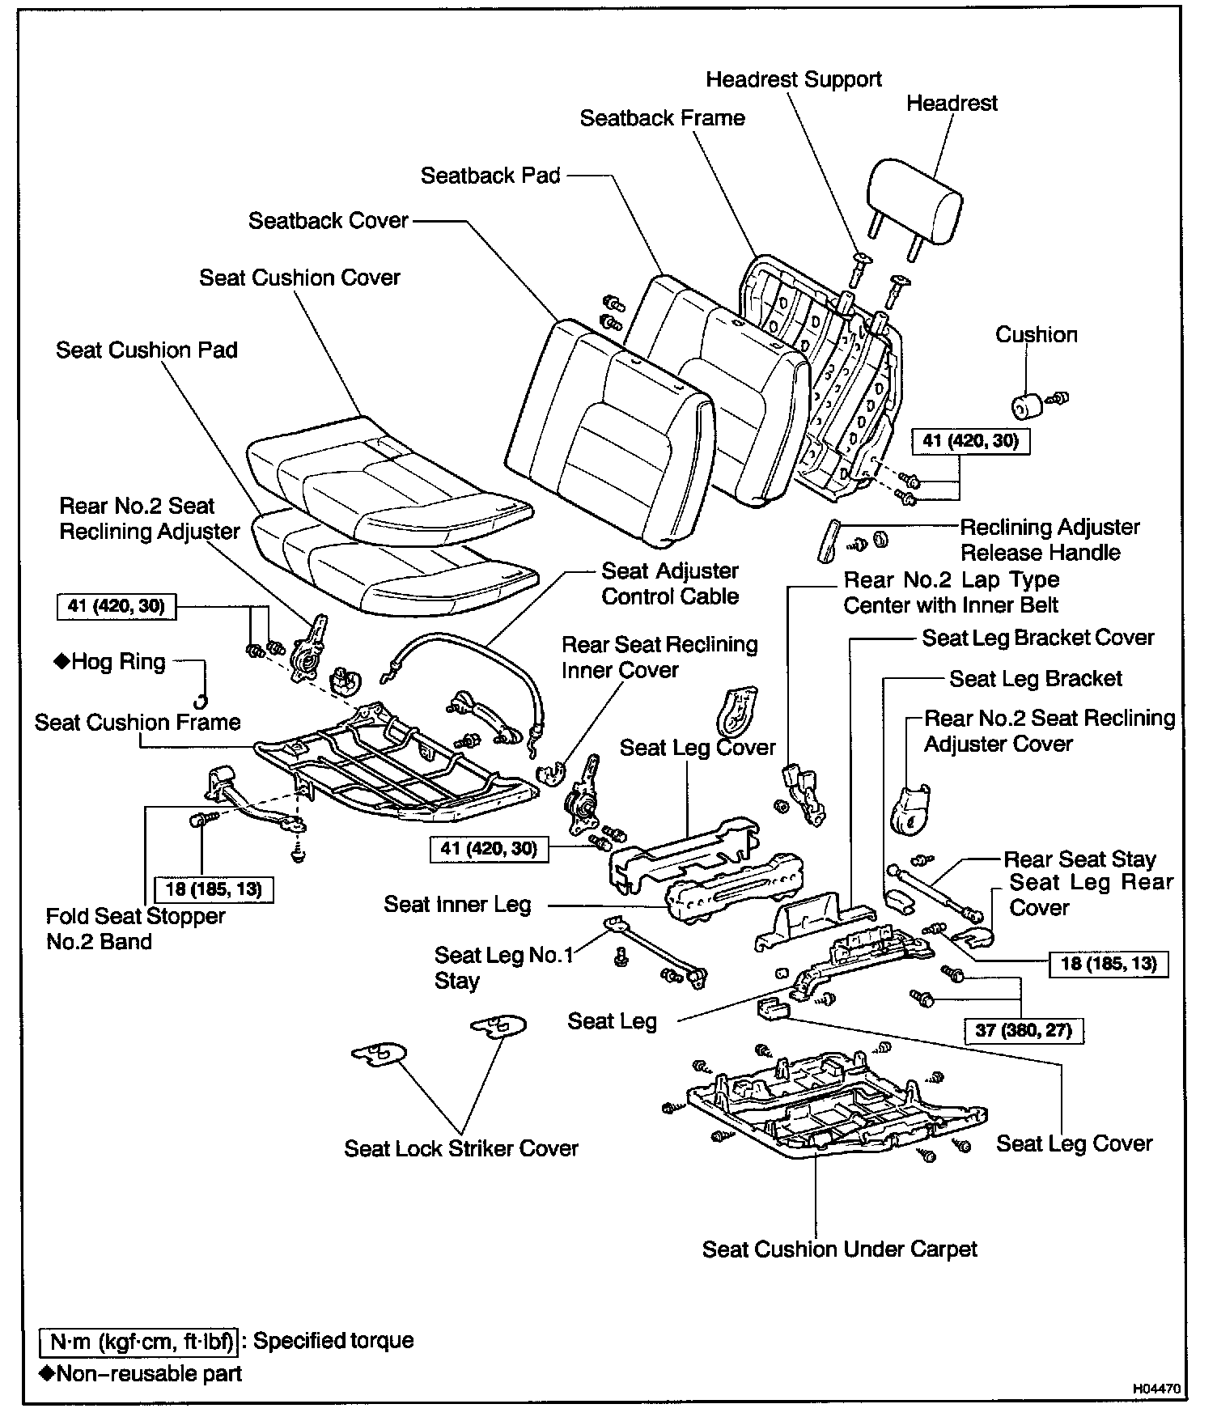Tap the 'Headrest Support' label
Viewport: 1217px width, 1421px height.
[793, 79]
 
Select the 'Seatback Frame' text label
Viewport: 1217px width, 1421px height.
[662, 118]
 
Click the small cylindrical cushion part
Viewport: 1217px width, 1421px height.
[1026, 405]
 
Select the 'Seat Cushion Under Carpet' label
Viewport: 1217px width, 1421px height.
[839, 1249]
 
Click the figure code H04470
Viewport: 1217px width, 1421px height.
[1156, 1388]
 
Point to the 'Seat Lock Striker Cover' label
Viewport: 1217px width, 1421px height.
[461, 1148]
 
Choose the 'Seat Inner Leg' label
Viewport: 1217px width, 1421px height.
[457, 904]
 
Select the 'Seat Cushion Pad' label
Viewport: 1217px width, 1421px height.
[146, 350]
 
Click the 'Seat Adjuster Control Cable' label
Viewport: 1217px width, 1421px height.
[670, 583]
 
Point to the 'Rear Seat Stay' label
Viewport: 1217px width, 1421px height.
[1079, 859]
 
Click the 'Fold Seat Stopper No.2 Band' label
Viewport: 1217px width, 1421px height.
[135, 928]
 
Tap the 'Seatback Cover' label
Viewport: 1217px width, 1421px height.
[329, 221]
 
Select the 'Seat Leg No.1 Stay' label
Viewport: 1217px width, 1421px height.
[503, 968]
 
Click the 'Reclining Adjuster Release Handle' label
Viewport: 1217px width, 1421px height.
[1050, 540]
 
